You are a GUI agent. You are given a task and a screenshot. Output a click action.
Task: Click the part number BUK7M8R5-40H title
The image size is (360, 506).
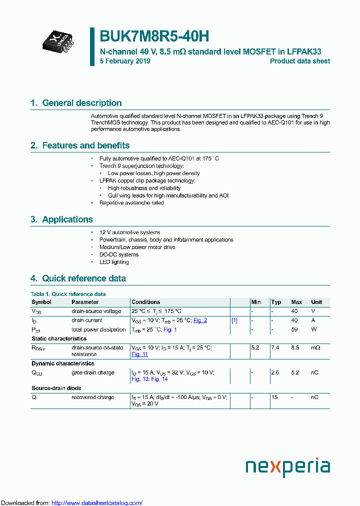[x=154, y=36]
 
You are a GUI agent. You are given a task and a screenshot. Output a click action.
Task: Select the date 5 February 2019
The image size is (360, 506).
[x=125, y=61]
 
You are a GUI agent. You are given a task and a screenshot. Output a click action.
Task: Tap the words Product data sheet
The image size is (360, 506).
[x=299, y=61]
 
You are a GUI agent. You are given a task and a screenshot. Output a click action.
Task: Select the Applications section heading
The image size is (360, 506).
[x=61, y=219]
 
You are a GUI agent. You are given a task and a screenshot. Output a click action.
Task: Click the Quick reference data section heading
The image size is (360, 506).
[x=78, y=278]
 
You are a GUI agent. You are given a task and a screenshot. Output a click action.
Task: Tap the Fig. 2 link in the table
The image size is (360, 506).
[x=200, y=320]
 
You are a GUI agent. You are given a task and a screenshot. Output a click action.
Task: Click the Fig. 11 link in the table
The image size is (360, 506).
[x=139, y=354]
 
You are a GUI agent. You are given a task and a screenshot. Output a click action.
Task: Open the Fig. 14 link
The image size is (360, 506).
[x=159, y=379]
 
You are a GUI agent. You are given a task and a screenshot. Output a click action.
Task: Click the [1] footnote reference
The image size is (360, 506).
[x=234, y=320]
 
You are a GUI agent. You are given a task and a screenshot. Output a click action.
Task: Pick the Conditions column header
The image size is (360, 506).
[x=146, y=302]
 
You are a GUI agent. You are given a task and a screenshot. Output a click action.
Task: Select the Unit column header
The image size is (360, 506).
[x=316, y=302]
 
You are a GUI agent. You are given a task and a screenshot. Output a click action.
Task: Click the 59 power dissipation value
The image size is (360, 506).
[x=294, y=329]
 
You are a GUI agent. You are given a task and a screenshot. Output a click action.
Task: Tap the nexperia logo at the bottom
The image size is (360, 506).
[x=287, y=467]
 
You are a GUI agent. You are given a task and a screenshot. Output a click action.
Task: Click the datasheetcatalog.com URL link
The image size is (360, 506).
[x=97, y=502]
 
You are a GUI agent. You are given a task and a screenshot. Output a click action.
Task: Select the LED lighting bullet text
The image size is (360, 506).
[x=114, y=262]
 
